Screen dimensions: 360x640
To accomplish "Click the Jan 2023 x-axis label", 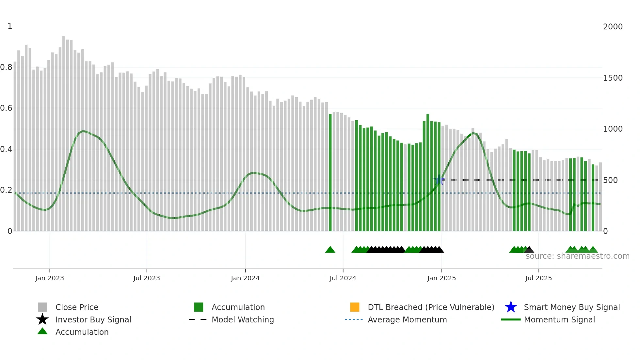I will tap(50, 278).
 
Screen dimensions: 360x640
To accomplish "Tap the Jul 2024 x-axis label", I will tap(343, 278).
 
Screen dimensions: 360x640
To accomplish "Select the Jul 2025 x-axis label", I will tap(538, 278).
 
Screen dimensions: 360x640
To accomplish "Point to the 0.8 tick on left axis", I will tap(6, 67).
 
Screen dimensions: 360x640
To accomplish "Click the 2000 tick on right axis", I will tap(613, 27).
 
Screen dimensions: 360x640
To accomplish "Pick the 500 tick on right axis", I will tap(610, 180).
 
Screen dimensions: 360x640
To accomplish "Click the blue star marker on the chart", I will tap(439, 180).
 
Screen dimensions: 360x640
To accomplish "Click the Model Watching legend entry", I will tap(242, 319).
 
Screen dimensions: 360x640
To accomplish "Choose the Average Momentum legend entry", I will tap(407, 319).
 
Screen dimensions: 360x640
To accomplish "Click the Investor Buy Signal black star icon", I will tap(42, 319).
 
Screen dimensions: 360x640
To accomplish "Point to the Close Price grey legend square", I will tap(42, 307).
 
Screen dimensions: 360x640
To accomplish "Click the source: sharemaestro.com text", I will tap(577, 256).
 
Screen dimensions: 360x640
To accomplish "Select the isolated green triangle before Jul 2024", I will tap(330, 250).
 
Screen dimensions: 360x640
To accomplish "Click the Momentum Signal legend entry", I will tap(559, 319).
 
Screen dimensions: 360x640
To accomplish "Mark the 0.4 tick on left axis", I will tap(6, 149).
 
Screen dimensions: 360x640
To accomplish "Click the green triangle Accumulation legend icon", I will tap(42, 331).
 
